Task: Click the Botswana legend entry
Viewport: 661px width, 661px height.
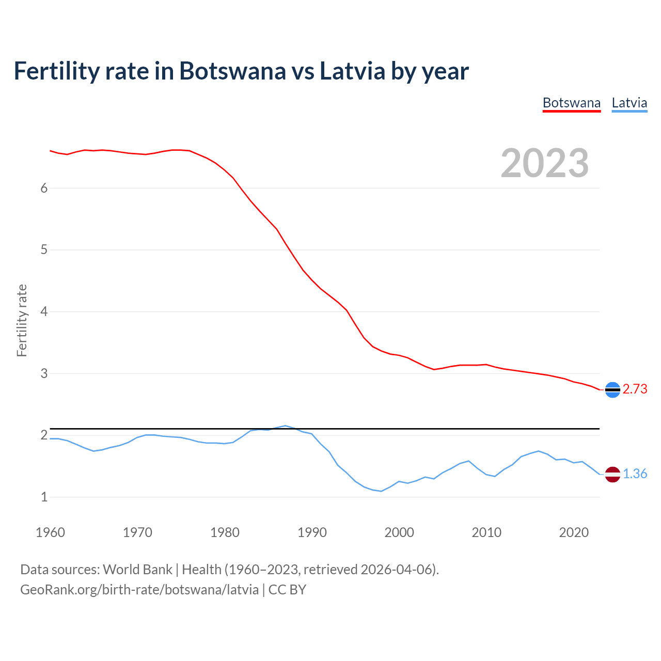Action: [572, 103]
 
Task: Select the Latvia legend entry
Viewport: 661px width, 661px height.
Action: [629, 103]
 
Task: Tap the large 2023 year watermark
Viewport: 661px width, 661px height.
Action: [545, 163]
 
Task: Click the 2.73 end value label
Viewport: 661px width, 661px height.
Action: [635, 389]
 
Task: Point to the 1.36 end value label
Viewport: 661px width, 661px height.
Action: [635, 474]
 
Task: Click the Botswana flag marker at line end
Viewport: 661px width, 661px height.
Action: [612, 390]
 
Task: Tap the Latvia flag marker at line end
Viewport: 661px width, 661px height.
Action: [612, 474]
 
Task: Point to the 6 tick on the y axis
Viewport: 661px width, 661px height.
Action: [44, 188]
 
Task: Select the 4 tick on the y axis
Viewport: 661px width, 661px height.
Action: [44, 312]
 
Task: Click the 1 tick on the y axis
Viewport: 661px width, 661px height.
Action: [44, 497]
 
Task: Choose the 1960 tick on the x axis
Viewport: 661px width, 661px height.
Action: [50, 532]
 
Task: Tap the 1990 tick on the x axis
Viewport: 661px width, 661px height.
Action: [312, 532]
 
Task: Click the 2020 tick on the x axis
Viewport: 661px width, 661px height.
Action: [574, 532]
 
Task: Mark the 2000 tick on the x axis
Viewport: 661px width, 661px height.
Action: [399, 532]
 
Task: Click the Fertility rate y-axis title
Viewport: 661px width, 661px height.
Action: [22, 320]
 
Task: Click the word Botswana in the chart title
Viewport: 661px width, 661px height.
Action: [232, 71]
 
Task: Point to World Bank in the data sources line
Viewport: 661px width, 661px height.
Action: [137, 570]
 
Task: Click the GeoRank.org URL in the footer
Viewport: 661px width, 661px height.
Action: [139, 590]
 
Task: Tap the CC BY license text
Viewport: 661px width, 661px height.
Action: [287, 590]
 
